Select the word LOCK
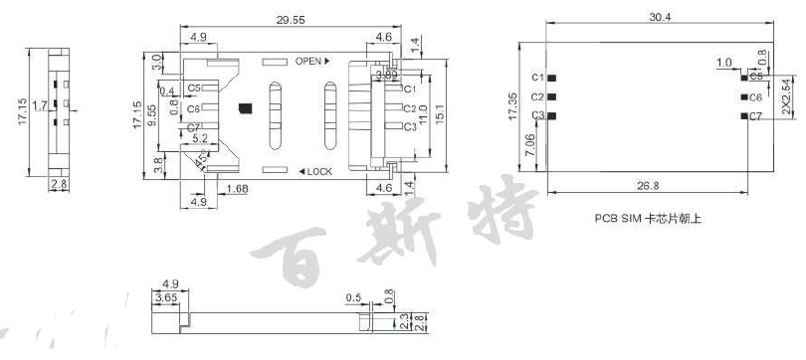(319, 172)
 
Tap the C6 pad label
(756, 97)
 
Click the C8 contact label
(193, 108)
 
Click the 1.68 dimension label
(238, 189)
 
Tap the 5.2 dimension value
(199, 138)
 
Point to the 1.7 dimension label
(38, 103)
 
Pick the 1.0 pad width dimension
(725, 62)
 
